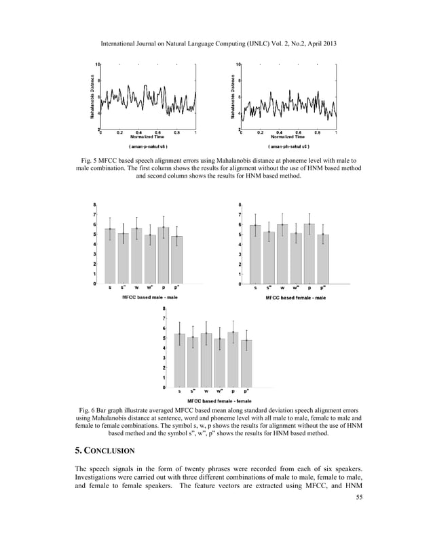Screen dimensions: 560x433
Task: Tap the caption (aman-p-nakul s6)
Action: [148, 146]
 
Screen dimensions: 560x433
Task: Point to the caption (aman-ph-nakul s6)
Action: [288, 146]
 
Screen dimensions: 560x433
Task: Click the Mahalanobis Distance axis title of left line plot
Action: [92, 96]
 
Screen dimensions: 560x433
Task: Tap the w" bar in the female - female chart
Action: [220, 363]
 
